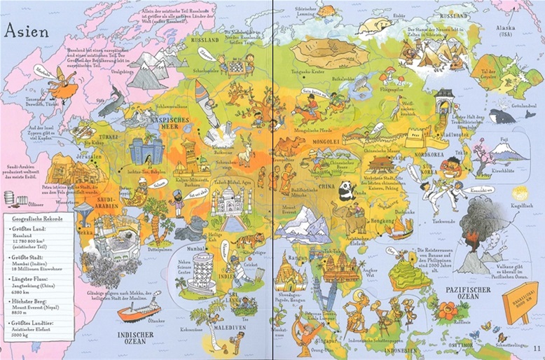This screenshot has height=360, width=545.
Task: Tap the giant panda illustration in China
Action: [x=345, y=190]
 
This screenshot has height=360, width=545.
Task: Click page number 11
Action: [x=537, y=349]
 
